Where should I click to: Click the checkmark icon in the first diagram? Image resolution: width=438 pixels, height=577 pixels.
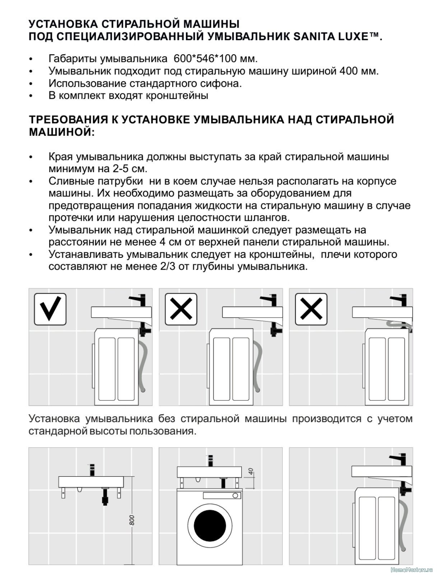[x=50, y=309]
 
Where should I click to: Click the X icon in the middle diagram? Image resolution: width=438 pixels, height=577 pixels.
[x=181, y=309]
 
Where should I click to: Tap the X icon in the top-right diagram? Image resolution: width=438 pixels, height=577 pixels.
[x=311, y=309]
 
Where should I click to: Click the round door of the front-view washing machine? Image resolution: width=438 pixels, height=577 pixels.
[x=210, y=527]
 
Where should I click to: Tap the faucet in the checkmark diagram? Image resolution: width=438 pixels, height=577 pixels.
[x=138, y=299]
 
